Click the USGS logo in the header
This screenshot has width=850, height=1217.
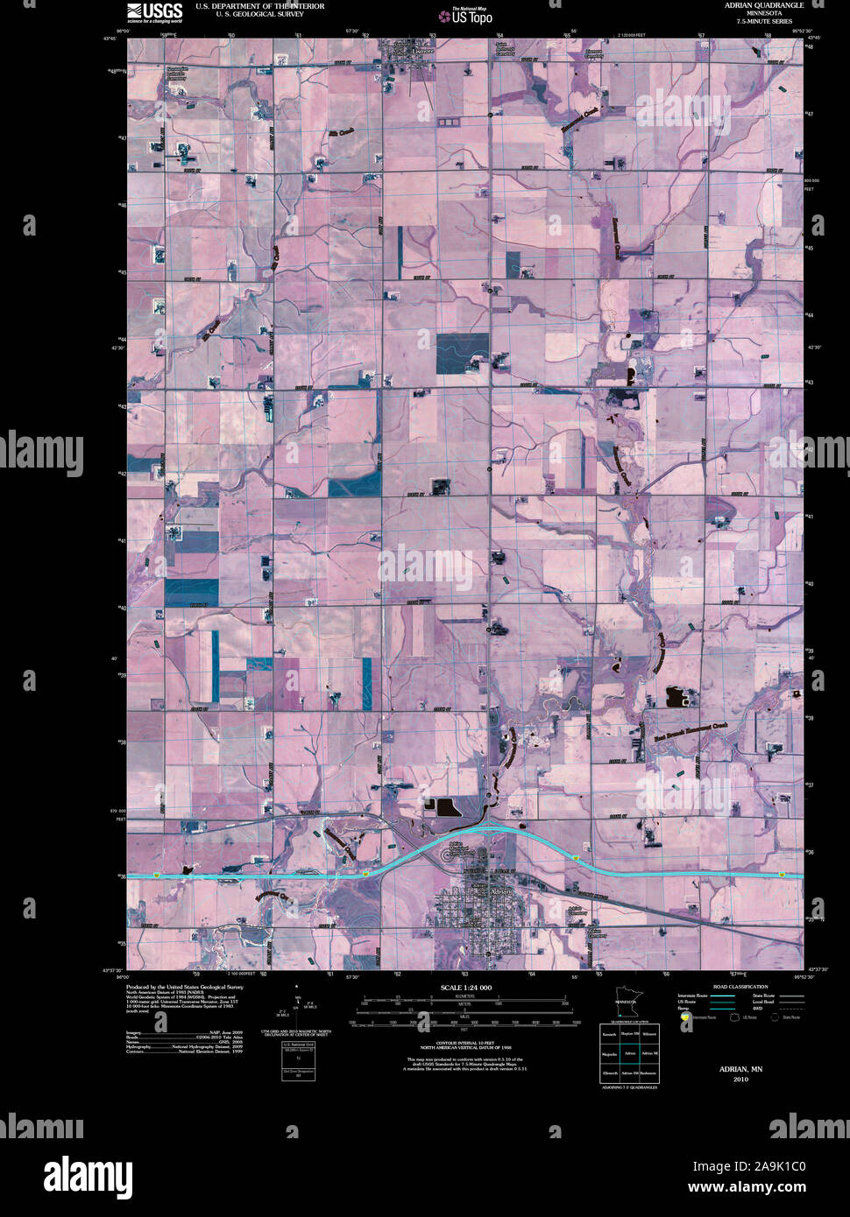pyautogui.click(x=154, y=11)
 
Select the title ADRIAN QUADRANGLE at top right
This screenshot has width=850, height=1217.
pyautogui.click(x=763, y=5)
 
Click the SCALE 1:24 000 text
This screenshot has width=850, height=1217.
pyautogui.click(x=465, y=988)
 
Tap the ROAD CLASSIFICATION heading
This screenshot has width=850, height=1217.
pyautogui.click(x=740, y=987)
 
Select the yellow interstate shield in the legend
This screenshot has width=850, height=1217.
pyautogui.click(x=684, y=1017)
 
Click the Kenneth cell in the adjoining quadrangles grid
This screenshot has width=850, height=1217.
pyautogui.click(x=609, y=1034)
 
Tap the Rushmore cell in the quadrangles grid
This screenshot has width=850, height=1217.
pyautogui.click(x=648, y=1073)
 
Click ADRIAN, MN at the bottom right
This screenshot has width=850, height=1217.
pyautogui.click(x=740, y=1069)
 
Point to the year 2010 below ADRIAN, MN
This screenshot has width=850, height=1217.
pyautogui.click(x=740, y=1080)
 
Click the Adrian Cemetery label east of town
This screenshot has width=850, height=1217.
pyautogui.click(x=577, y=911)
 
